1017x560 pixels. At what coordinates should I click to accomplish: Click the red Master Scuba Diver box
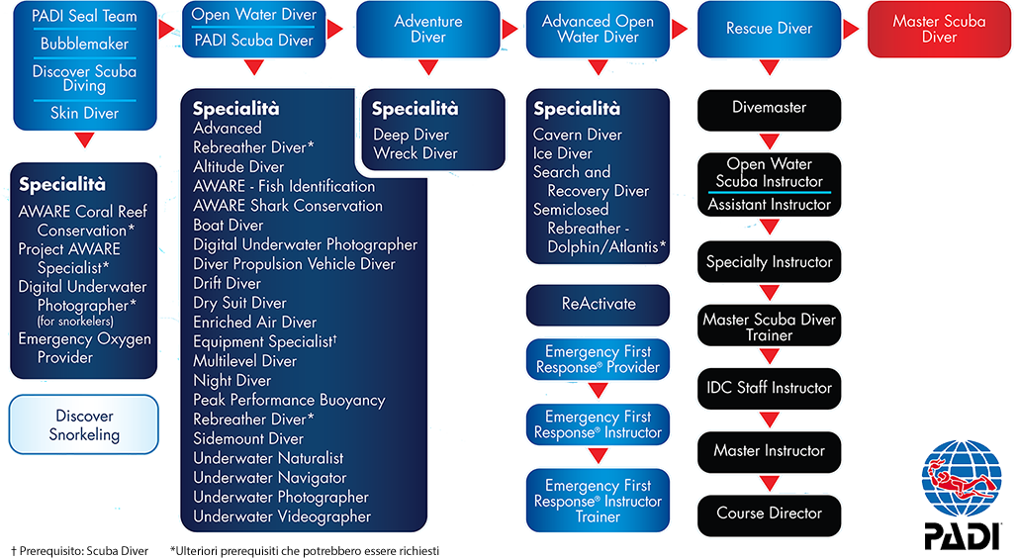coord(939,29)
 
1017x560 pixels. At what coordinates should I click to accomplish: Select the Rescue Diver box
coord(769,29)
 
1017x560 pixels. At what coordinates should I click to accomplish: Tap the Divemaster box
coord(769,108)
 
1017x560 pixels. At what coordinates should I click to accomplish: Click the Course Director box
coord(769,513)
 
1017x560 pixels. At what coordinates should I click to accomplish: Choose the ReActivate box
coord(598,304)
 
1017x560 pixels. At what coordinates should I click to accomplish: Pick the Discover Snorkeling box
coord(84,425)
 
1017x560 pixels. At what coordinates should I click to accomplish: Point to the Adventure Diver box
coord(427,29)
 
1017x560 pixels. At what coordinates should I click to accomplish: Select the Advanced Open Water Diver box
coord(598,29)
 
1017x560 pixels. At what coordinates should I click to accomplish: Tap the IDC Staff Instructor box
coord(769,388)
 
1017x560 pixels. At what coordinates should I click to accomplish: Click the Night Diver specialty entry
coord(231,381)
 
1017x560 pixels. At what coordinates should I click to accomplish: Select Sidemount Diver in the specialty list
coord(248,438)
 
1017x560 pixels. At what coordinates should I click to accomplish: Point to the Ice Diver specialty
coord(562,153)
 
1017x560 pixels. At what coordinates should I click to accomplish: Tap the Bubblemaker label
coord(84,44)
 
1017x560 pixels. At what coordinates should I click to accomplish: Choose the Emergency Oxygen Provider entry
coord(84,348)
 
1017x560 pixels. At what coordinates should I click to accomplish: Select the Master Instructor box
coord(769,451)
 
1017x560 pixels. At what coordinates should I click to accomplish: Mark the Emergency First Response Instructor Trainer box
coord(598,501)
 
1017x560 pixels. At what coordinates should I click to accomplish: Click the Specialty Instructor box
coord(769,262)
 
